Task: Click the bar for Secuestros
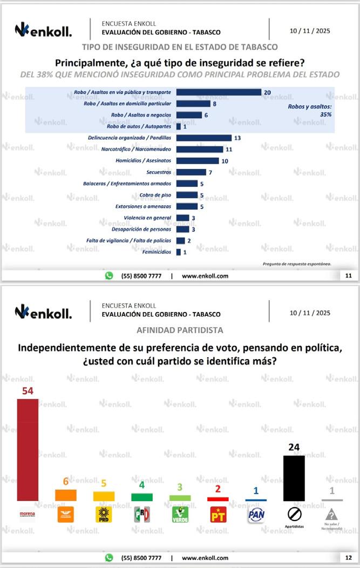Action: pos(191,172)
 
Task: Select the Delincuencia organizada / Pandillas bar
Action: pos(204,138)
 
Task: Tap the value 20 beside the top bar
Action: pos(267,92)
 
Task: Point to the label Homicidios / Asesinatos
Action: pos(144,161)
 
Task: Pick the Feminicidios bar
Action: pos(179,252)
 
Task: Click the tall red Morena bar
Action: pos(28,449)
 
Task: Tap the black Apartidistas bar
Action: pos(294,478)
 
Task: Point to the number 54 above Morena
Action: pos(28,390)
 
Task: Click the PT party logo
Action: pos(218,515)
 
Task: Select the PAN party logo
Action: pos(255,515)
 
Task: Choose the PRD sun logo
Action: pos(103,515)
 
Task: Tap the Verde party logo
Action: pos(179,515)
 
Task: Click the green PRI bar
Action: pos(142,497)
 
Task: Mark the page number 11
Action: pos(348,275)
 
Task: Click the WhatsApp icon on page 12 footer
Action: pos(109,558)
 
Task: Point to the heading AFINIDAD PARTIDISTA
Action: pos(180,330)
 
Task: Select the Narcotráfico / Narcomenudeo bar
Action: pos(200,150)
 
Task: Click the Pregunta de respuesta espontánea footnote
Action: pos(296,264)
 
